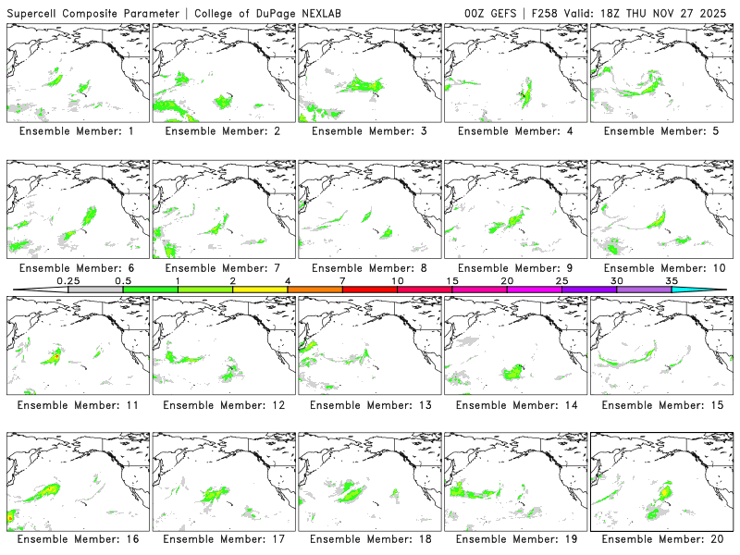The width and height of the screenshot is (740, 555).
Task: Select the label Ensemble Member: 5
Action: click(x=660, y=131)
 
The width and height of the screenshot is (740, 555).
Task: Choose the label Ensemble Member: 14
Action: click(x=514, y=404)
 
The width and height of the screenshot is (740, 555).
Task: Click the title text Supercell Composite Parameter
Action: click(x=92, y=13)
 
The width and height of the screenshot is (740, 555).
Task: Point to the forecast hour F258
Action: click(x=549, y=13)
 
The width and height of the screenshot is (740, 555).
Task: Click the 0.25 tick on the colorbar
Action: click(x=68, y=280)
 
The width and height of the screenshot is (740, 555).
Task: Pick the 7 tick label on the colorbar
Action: click(x=342, y=280)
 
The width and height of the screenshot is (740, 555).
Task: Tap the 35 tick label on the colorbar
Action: click(x=671, y=280)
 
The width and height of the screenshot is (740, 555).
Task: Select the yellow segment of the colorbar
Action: click(x=260, y=290)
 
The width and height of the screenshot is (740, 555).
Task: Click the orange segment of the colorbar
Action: click(x=314, y=290)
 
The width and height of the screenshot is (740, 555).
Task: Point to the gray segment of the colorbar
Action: click(x=95, y=290)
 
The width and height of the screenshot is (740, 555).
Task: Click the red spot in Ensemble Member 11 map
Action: click(x=56, y=355)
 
